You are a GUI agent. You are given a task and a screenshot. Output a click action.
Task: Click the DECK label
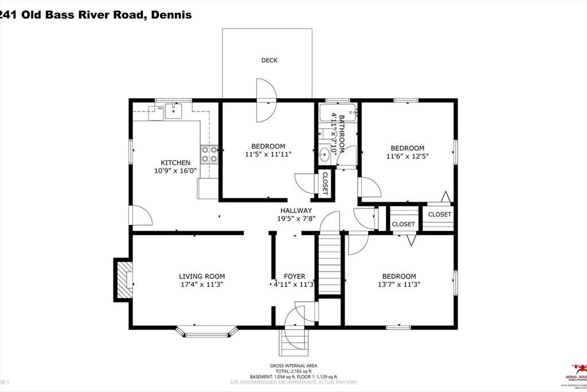pyautogui.click(x=269, y=60)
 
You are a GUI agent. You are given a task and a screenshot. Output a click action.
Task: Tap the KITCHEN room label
pyautogui.click(x=175, y=163)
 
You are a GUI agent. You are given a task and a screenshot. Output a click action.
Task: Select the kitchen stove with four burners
pyautogui.click(x=209, y=154)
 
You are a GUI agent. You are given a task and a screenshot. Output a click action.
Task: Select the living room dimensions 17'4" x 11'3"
pyautogui.click(x=202, y=284)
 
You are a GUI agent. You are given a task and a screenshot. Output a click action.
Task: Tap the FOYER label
pyautogui.click(x=294, y=276)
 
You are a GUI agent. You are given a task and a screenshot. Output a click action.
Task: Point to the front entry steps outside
pyautogui.click(x=295, y=343)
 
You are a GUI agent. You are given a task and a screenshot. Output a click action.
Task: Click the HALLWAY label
pyautogui.click(x=296, y=211)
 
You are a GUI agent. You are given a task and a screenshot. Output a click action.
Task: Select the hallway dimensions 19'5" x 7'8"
pyautogui.click(x=296, y=219)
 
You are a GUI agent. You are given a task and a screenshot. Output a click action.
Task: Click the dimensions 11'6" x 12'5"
pyautogui.click(x=408, y=156)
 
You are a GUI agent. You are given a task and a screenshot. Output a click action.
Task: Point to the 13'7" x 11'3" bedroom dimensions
pyautogui.click(x=400, y=284)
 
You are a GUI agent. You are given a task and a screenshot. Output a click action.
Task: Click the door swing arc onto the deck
pyautogui.click(x=266, y=101)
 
